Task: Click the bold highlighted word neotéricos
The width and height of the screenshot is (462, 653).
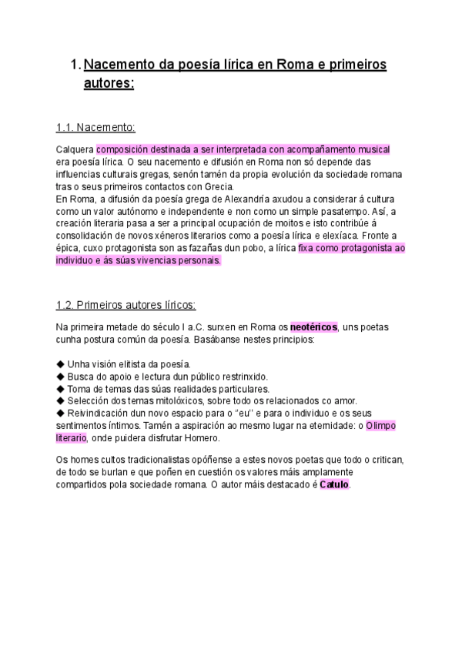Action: tap(314, 326)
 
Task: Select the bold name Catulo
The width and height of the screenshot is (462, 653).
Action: tap(334, 486)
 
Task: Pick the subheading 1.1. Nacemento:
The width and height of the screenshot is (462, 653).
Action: tap(95, 127)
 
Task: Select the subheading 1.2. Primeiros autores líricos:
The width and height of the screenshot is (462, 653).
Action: tap(126, 304)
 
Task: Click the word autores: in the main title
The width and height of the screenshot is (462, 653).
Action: tap(109, 82)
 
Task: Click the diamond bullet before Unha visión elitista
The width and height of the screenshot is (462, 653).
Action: tap(61, 363)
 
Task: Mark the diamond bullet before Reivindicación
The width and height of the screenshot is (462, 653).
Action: tap(61, 414)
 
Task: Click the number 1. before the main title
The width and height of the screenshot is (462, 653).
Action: tap(75, 65)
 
